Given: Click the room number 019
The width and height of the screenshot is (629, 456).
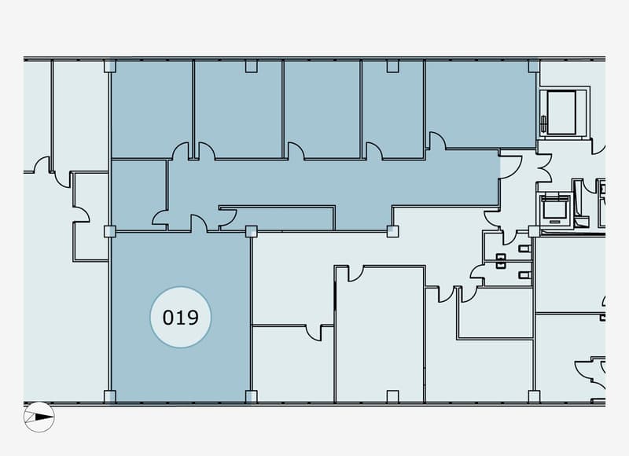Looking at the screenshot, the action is pos(181,318).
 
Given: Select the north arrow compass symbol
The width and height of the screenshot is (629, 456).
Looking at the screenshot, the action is pos(39,417).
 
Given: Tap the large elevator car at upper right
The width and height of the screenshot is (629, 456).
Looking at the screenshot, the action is pos(562,112).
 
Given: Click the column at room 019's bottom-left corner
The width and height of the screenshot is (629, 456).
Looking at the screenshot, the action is pos(110,396).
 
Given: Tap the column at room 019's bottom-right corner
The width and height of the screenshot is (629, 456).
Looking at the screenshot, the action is pos(251,396).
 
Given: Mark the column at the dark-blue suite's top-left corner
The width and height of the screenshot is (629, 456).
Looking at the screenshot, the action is pos(110,66).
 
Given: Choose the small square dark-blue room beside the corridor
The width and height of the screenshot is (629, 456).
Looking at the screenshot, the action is pos(139,195).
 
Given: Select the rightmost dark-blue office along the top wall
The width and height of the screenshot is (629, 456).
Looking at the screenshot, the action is pos(480,105).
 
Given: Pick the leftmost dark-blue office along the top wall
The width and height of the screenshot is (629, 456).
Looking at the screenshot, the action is pos(152,109).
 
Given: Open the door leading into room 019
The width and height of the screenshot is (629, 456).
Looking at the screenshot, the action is pos(199,223).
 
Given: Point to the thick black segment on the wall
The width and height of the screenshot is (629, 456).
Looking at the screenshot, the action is pos(335,296).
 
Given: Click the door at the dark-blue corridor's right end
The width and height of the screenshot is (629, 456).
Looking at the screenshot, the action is pos(510,167).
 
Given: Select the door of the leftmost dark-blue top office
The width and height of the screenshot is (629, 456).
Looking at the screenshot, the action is pos(181,151).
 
